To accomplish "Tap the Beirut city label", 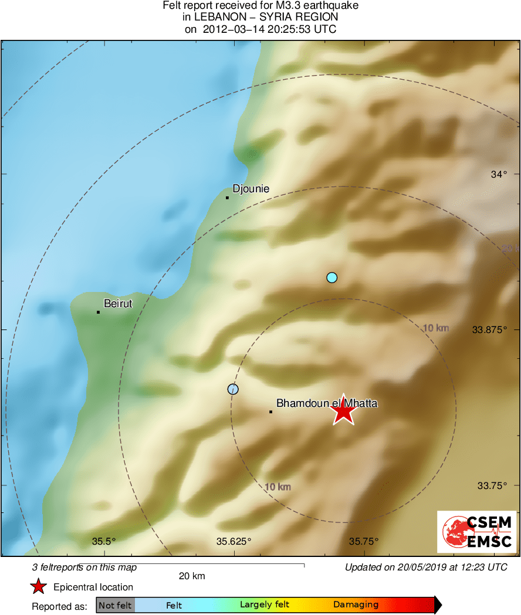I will (x=118, y=304).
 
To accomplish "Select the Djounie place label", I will (x=251, y=189).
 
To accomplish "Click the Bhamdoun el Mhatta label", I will (x=327, y=403).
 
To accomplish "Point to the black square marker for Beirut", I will (x=98, y=312).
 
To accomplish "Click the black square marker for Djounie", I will (x=227, y=198).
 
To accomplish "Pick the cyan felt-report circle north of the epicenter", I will (x=332, y=277).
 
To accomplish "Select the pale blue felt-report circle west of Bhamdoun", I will (x=233, y=389).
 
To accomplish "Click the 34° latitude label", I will (x=498, y=174).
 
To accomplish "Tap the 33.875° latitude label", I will (x=489, y=329).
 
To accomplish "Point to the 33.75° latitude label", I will (x=492, y=485).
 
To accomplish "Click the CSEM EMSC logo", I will (x=476, y=532).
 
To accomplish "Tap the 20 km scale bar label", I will (x=192, y=576).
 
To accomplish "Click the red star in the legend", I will (x=39, y=587).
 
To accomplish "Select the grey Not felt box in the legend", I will (x=115, y=605).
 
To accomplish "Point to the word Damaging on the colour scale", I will (x=356, y=605).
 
